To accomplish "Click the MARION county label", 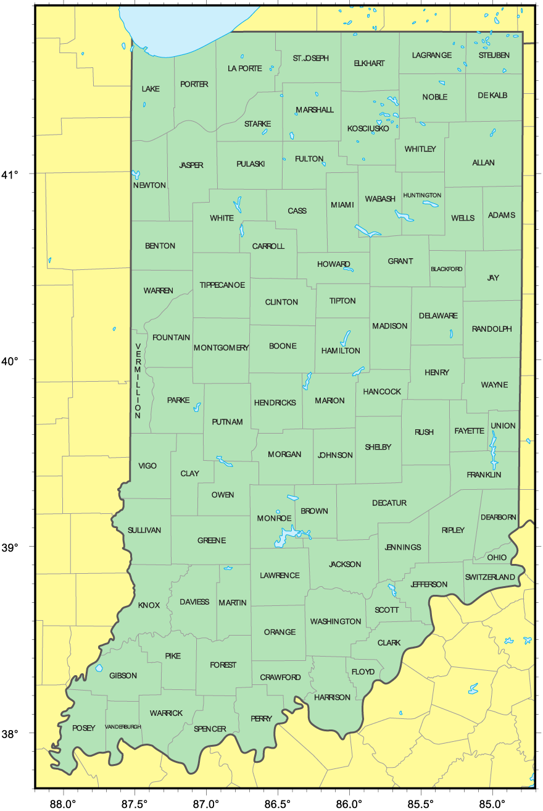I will click(330, 401).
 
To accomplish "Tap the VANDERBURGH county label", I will click(123, 726).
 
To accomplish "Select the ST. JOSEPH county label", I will click(310, 58).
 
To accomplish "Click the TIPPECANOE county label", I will click(222, 285).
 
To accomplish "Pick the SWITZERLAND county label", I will click(490, 577).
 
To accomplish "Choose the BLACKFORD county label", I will click(447, 269).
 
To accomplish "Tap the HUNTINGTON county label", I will click(422, 195).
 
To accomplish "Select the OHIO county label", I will click(497, 557).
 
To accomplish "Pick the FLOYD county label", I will click(363, 671).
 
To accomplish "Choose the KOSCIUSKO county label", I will click(368, 128).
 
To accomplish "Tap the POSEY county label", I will click(84, 728).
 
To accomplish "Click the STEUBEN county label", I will click(494, 55).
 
